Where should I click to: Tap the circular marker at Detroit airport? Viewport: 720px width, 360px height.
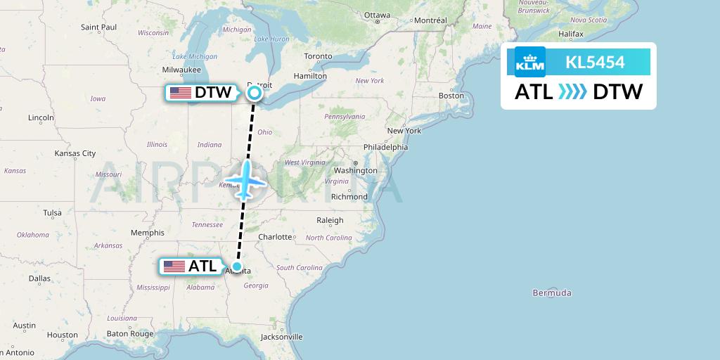click(x=254, y=92)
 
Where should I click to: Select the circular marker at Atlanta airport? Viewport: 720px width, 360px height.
click(x=238, y=266)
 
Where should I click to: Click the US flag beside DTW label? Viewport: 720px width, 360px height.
click(x=181, y=92)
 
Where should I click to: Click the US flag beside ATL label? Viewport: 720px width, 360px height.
click(x=174, y=266)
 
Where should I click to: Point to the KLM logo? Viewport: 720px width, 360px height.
click(x=530, y=62)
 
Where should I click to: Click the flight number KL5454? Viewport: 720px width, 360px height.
click(x=595, y=62)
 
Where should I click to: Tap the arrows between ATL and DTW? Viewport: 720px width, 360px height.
click(x=572, y=92)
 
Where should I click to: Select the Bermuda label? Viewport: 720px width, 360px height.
click(x=552, y=292)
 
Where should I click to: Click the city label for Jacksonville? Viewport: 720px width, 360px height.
click(x=281, y=337)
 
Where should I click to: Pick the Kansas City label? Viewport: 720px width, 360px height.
click(x=75, y=153)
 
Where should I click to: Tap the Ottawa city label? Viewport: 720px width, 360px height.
click(x=377, y=15)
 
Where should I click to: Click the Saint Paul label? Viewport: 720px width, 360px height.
click(x=98, y=27)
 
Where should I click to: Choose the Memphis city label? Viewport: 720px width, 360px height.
click(x=147, y=233)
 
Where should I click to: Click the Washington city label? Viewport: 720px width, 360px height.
click(x=356, y=170)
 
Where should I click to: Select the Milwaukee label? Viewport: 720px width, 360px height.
click(x=181, y=70)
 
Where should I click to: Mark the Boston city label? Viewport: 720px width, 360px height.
click(x=451, y=96)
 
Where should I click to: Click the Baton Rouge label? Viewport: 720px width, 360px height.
click(x=131, y=334)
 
